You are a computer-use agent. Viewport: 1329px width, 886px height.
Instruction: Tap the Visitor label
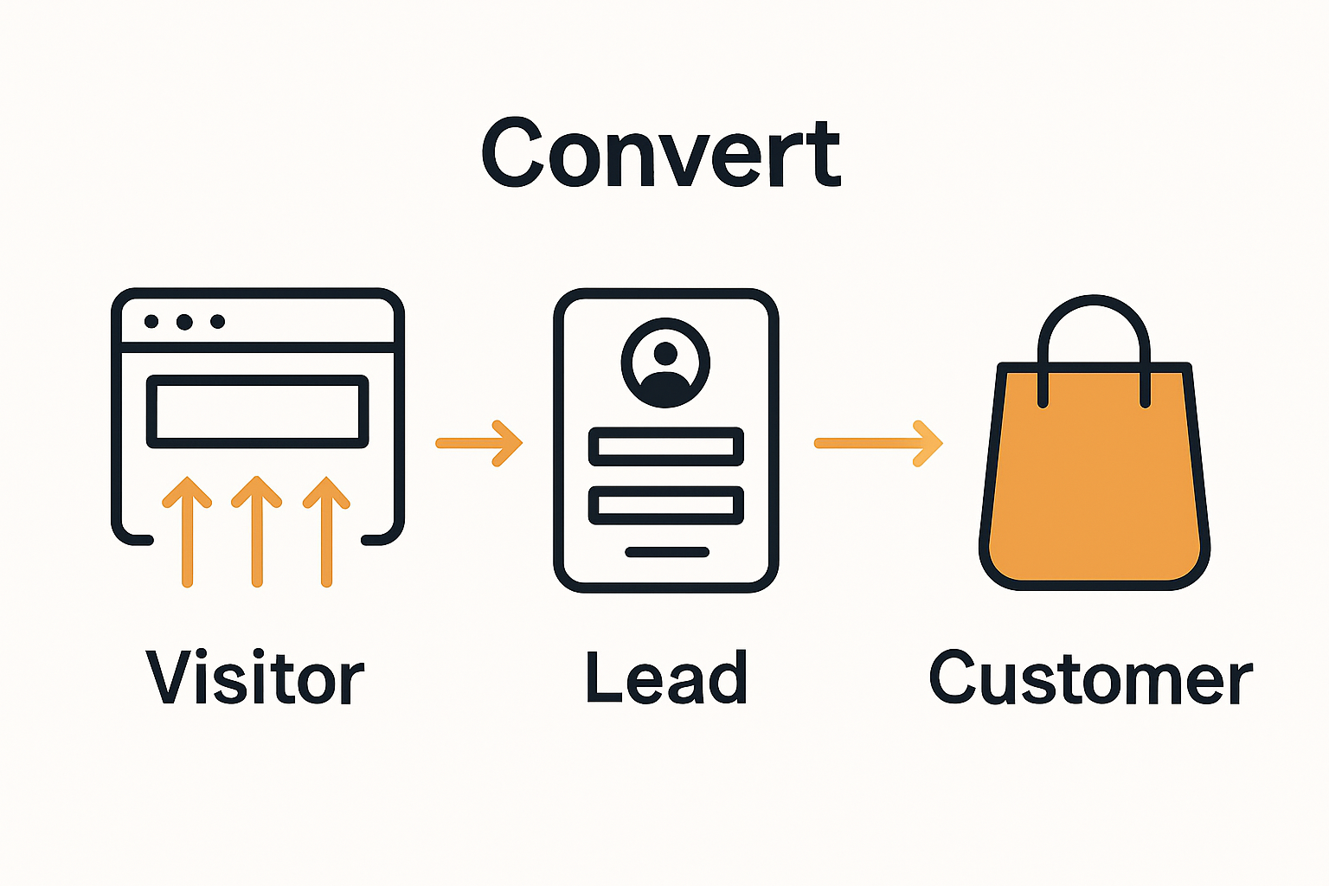(255, 677)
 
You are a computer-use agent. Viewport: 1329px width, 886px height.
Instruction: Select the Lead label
(665, 677)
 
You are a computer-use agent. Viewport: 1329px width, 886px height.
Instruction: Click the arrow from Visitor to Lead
(479, 443)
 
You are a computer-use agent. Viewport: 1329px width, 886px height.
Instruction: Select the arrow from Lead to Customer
(878, 443)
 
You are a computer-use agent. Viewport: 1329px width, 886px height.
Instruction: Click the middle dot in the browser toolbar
(184, 322)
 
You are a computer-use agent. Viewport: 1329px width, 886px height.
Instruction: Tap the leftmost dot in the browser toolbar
(151, 322)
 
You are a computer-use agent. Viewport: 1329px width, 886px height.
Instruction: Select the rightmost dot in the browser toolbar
(218, 322)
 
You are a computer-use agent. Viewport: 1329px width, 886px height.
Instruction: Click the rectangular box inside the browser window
(258, 412)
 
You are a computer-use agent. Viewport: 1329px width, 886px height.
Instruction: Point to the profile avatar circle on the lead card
(665, 363)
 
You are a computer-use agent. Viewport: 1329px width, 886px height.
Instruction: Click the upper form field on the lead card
(665, 446)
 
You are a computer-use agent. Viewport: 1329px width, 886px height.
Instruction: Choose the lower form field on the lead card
(665, 505)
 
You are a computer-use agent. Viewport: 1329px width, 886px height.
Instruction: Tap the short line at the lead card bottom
(667, 552)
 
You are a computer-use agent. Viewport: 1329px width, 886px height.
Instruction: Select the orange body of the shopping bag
(1095, 485)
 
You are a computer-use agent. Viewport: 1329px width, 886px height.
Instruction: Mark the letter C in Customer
(953, 677)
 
